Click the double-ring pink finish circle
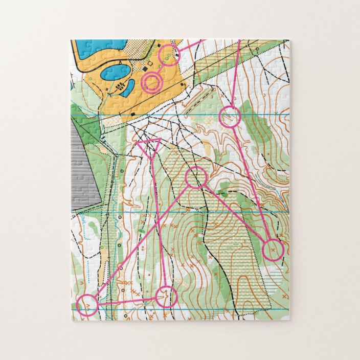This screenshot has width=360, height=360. [151, 81]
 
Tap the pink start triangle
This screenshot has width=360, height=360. [149, 143]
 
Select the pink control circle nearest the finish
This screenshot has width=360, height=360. [169, 55]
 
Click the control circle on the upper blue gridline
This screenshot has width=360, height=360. [230, 117]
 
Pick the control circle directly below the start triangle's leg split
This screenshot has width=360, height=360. [195, 177]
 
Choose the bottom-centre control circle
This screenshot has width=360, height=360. [166, 297]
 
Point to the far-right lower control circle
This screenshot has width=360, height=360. [273, 250]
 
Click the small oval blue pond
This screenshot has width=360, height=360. [115, 72]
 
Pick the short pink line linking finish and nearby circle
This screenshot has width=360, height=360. [160, 68]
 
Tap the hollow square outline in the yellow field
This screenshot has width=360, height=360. [150, 64]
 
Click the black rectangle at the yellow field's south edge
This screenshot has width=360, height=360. [132, 114]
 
